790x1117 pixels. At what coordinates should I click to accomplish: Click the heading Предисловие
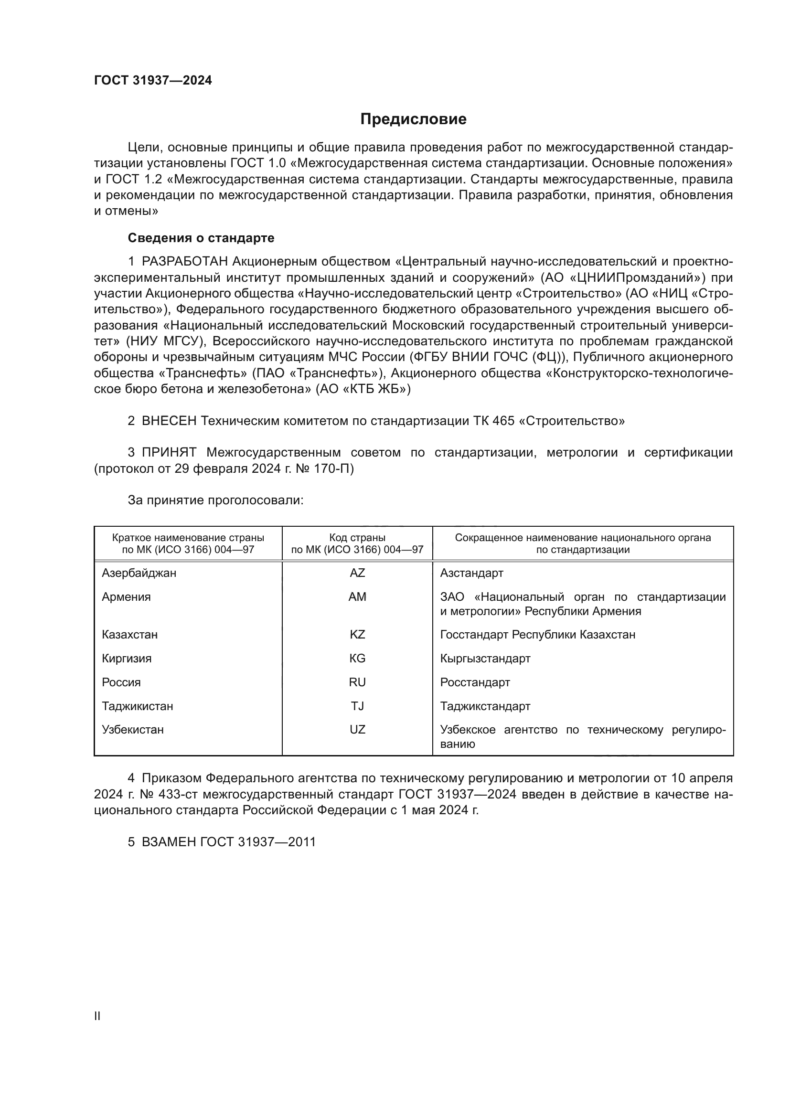(413, 119)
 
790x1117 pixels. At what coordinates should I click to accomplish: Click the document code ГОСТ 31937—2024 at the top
(153, 81)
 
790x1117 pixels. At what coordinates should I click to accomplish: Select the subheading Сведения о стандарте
(201, 238)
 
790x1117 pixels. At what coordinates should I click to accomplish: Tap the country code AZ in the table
(357, 573)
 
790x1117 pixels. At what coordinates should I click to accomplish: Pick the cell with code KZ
(357, 635)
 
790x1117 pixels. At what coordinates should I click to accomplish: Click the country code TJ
(357, 706)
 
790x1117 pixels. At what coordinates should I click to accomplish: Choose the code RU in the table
(357, 682)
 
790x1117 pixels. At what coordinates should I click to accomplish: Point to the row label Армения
(126, 597)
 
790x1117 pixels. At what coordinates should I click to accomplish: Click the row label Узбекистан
(132, 730)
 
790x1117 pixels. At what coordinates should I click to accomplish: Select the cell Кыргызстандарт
(485, 659)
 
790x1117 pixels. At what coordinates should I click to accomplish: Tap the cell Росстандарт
(475, 682)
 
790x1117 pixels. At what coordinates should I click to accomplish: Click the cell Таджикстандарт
(485, 706)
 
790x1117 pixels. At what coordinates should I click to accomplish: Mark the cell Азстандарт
(471, 573)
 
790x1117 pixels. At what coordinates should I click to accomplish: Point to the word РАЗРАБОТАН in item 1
(185, 262)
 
